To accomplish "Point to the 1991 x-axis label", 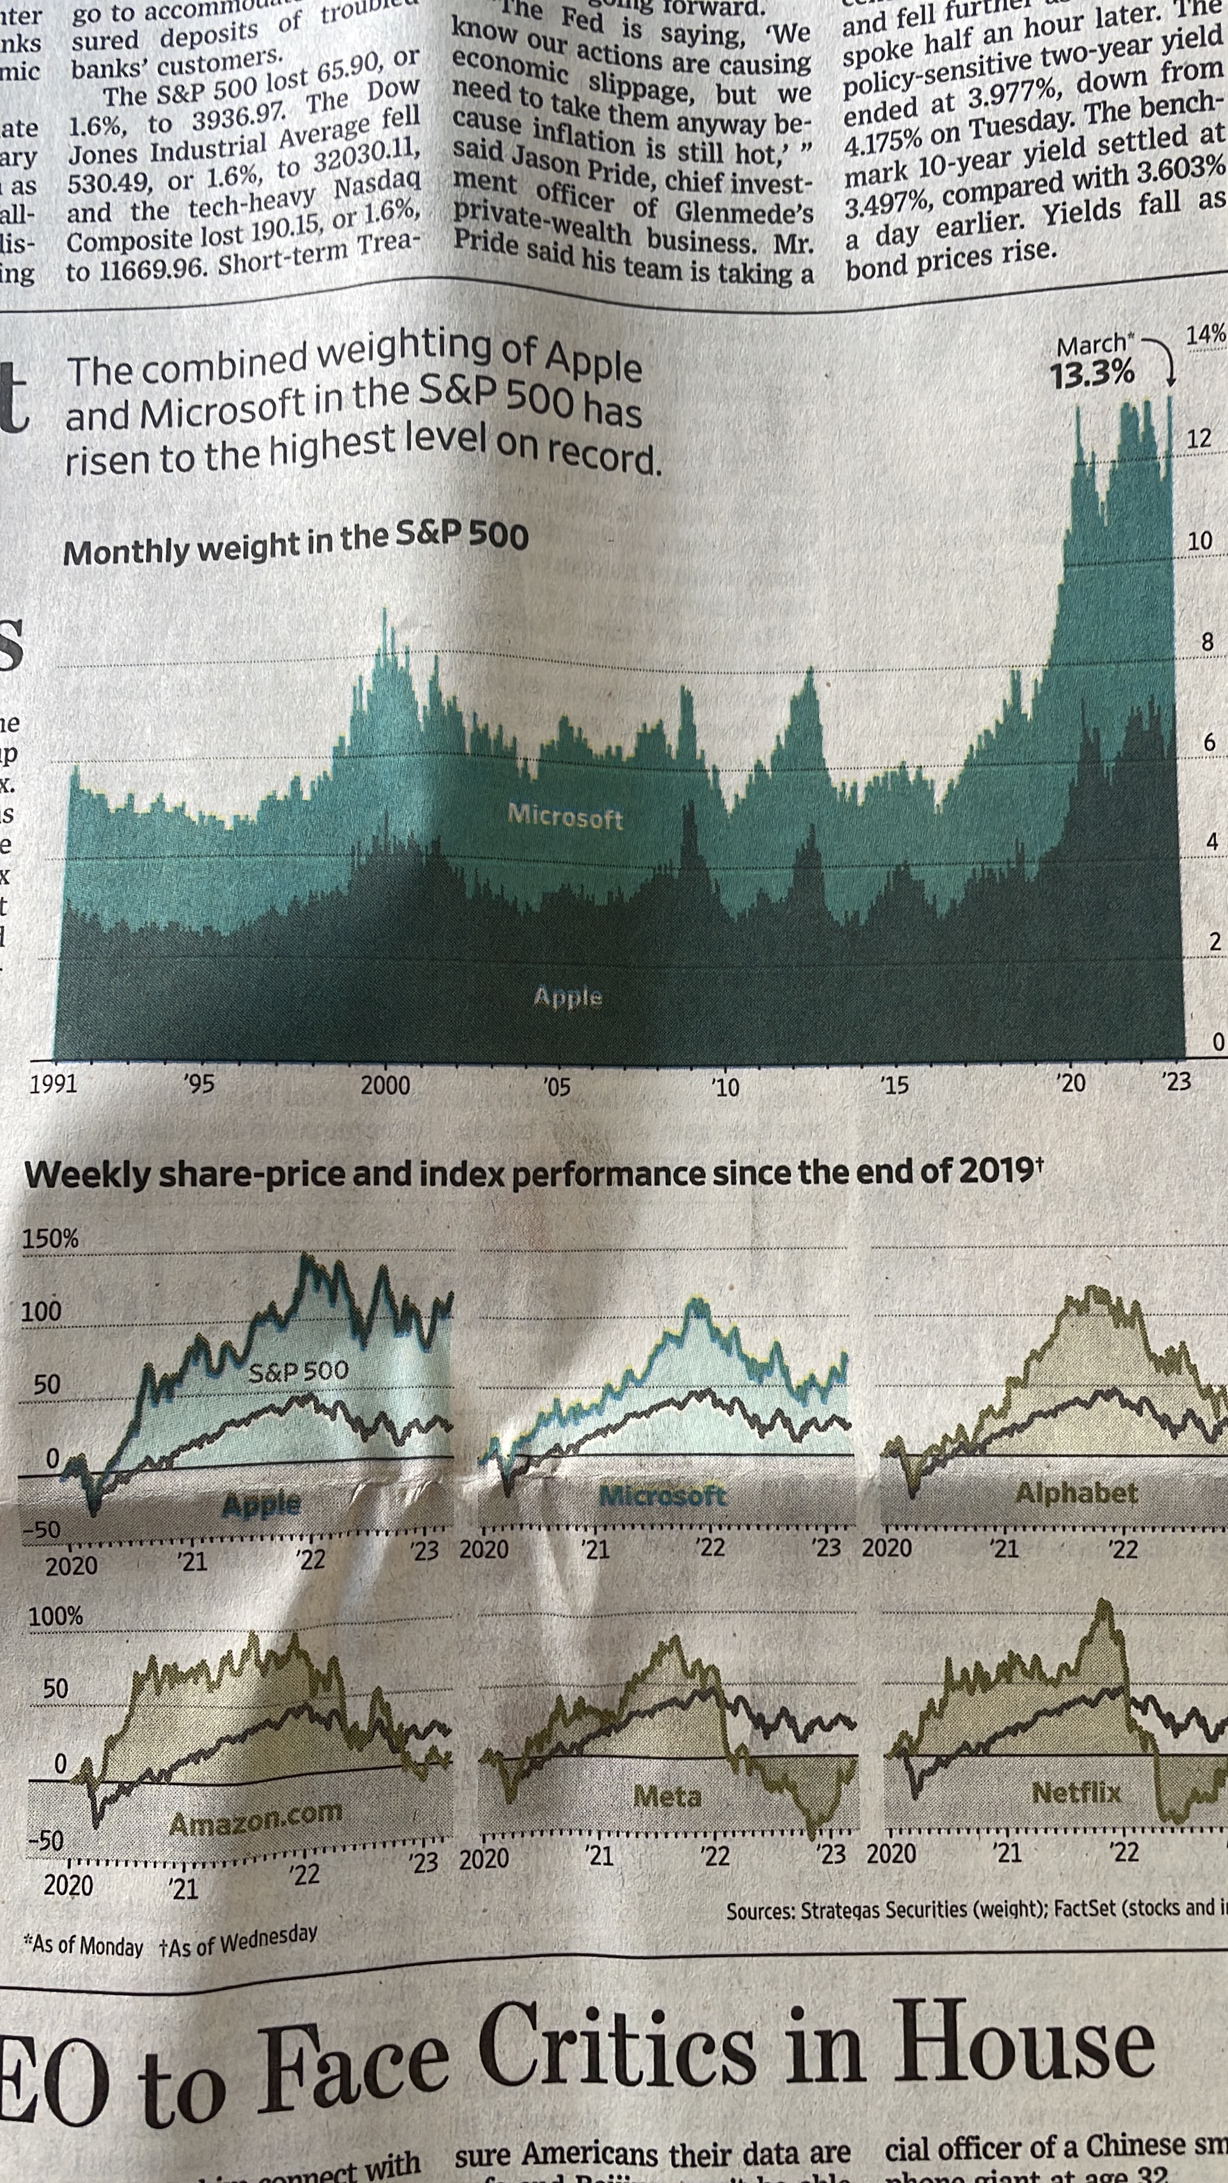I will pyautogui.click(x=52, y=1084).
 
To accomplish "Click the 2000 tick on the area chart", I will pyautogui.click(x=385, y=1086).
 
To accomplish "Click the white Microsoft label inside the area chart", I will pyautogui.click(x=565, y=816).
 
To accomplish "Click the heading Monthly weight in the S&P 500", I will pyautogui.click(x=296, y=543).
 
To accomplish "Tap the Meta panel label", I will pyautogui.click(x=668, y=1796).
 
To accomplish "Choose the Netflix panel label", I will pyautogui.click(x=1076, y=1793).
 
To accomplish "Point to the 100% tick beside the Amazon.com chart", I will pyautogui.click(x=56, y=1616).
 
